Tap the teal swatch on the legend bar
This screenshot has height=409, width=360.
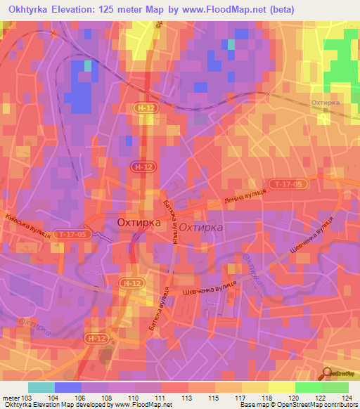click(41, 387)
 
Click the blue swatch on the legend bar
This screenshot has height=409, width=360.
click(68, 387)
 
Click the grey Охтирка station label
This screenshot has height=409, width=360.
click(330, 103)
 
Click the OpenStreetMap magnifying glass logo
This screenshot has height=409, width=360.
click(328, 374)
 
